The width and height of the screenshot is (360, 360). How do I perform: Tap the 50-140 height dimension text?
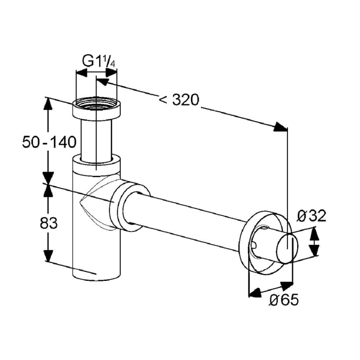[49, 142]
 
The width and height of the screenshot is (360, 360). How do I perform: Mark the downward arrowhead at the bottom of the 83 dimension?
[48, 257]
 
